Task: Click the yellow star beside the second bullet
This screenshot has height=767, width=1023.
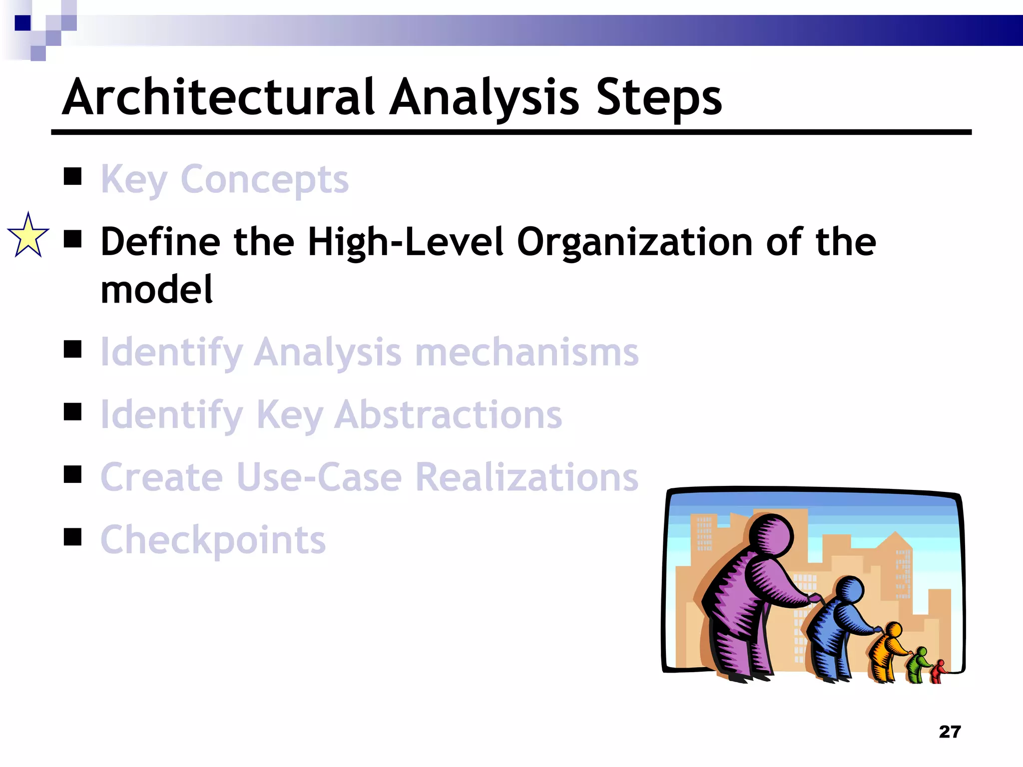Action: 28,236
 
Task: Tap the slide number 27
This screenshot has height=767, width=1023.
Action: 950,732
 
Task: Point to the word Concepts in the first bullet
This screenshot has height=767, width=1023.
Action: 264,179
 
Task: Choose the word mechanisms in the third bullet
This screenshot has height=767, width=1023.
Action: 526,352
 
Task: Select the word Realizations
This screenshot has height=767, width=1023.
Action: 526,477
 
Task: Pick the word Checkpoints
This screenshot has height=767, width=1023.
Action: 213,540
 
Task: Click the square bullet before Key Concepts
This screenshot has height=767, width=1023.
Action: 73,176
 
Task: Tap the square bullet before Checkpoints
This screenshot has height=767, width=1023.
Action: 73,537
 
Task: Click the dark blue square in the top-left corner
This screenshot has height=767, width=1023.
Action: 22,23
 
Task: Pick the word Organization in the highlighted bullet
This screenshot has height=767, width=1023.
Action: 635,242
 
